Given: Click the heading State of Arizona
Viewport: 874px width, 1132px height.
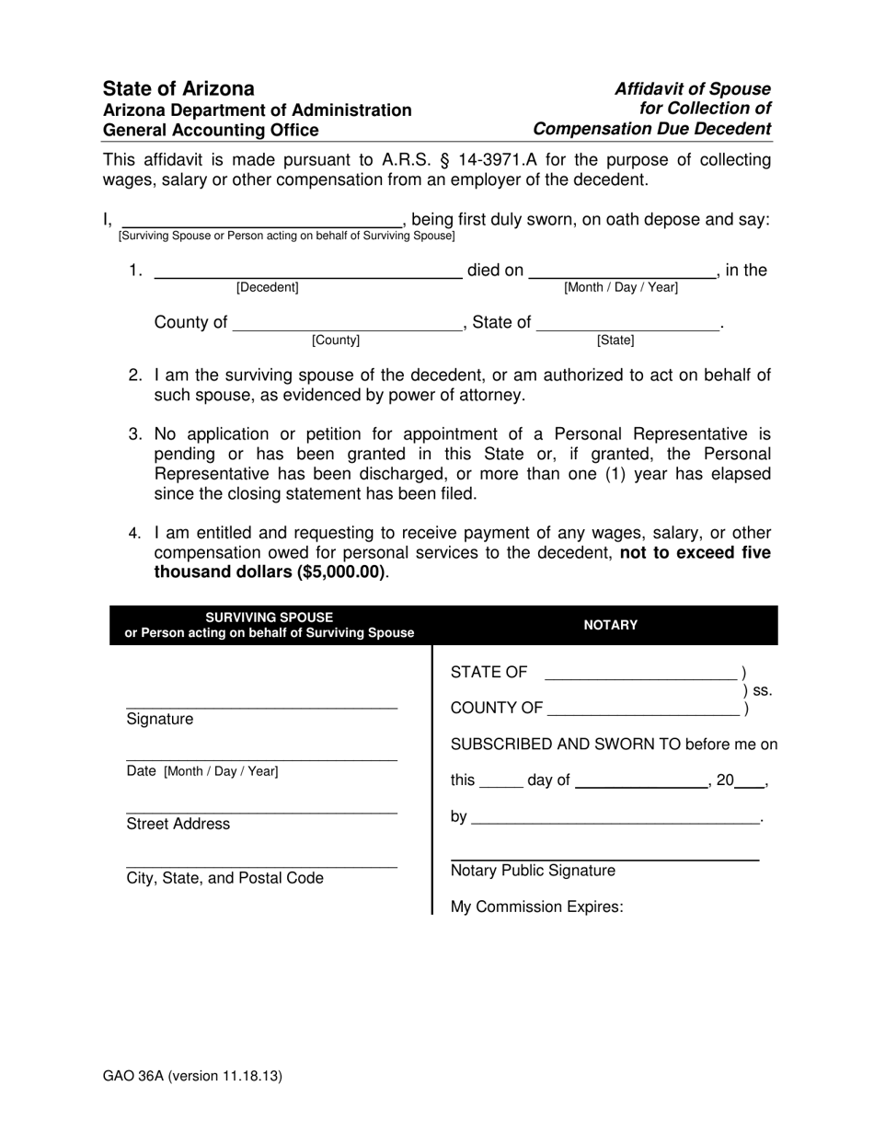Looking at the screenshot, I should coord(178,89).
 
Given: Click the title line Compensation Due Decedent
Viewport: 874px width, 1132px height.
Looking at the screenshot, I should coord(651,129).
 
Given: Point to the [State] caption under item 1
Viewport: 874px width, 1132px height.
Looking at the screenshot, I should coord(615,341).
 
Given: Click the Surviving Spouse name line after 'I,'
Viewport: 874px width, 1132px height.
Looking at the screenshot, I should coord(261,223).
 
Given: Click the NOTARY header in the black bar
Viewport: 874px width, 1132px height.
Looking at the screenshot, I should coord(610,625).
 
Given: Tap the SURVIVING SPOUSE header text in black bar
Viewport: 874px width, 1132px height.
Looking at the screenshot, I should coord(269,618).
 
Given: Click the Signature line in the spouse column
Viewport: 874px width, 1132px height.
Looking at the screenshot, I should coord(261,705).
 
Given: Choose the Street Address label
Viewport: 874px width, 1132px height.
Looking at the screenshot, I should coord(178,824).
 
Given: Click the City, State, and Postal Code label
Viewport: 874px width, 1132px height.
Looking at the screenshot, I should coord(224,878).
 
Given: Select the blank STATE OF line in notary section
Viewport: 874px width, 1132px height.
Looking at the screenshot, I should coord(640,677).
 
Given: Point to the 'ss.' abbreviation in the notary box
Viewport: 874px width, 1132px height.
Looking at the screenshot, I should coord(763,690).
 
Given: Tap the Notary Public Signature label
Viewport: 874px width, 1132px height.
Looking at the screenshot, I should coord(533,871).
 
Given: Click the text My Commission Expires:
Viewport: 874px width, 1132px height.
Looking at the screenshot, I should coord(536,907).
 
